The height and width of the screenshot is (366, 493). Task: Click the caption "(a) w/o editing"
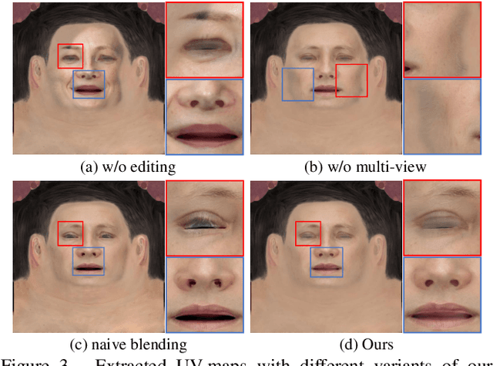click(128, 166)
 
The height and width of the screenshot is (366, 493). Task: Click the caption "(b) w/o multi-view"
click(365, 166)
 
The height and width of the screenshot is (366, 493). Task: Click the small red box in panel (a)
click(71, 55)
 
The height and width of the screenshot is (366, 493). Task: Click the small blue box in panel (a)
click(89, 84)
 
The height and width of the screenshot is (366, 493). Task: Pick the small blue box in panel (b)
click(297, 84)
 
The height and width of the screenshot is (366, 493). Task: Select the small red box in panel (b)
click(353, 80)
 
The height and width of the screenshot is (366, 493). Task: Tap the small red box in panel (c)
click(71, 233)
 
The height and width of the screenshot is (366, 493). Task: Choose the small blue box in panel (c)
click(88, 262)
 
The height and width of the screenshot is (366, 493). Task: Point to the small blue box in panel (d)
click(327, 262)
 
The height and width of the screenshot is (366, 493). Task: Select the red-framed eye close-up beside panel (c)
click(204, 217)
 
